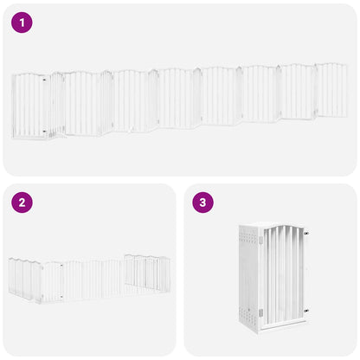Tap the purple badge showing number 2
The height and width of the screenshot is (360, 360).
[x=22, y=203]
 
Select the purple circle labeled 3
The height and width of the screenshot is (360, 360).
[x=203, y=203]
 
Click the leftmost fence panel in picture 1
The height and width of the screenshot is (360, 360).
[x=29, y=106]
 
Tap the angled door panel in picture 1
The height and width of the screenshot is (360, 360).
[x=55, y=104]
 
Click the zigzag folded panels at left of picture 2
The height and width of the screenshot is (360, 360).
[x=24, y=279]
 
